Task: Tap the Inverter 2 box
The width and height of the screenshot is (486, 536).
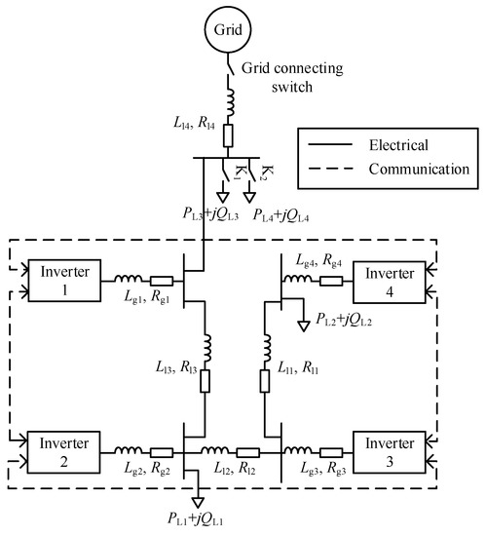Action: pos(64,449)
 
